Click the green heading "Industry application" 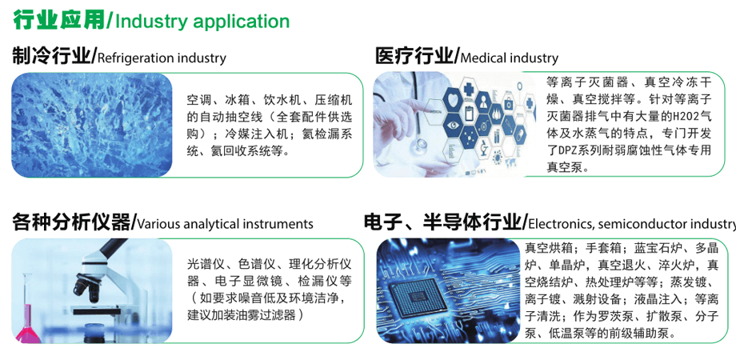[202, 22]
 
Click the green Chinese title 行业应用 [59, 20]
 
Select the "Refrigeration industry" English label [162, 58]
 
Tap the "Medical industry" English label [510, 58]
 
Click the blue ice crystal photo [92, 125]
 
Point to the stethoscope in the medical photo [417, 141]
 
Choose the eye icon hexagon [454, 125]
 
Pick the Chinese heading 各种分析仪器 [71, 222]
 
